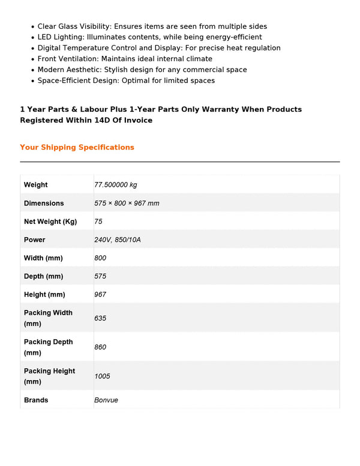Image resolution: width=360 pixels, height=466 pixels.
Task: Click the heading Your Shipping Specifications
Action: pyautogui.click(x=77, y=147)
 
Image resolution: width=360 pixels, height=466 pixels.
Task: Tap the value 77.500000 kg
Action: pyautogui.click(x=116, y=184)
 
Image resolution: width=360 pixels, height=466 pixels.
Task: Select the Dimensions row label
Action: pyautogui.click(x=44, y=203)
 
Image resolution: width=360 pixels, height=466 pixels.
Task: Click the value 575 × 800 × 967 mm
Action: pyautogui.click(x=127, y=203)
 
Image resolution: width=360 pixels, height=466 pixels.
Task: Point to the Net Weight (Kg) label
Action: pyautogui.click(x=50, y=222)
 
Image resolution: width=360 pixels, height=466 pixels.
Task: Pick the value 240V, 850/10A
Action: pyautogui.click(x=118, y=240)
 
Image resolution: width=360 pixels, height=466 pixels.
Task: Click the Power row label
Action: pyautogui.click(x=35, y=240)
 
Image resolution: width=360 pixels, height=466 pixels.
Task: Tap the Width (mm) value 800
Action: pyautogui.click(x=100, y=258)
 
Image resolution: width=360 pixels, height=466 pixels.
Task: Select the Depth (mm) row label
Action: pyautogui.click(x=43, y=276)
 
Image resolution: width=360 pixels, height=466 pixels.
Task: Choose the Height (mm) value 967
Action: pyautogui.click(x=100, y=294)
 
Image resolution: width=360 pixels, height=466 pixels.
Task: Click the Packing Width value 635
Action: pyautogui.click(x=100, y=318)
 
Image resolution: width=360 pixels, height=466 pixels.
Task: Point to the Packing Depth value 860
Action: pyautogui.click(x=100, y=347)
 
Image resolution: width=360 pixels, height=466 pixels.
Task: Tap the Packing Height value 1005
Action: pyautogui.click(x=102, y=377)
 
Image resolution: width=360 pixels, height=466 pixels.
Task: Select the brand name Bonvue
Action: pyautogui.click(x=106, y=400)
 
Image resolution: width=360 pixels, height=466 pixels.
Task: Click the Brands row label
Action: pyautogui.click(x=36, y=400)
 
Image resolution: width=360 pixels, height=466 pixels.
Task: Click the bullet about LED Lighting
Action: pyautogui.click(x=149, y=37)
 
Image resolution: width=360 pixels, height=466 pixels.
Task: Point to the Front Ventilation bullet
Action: pyautogui.click(x=125, y=59)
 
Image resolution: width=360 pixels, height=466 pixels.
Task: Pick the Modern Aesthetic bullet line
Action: pyautogui.click(x=142, y=70)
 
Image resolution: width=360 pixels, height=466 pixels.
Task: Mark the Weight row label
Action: pyautogui.click(x=36, y=184)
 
